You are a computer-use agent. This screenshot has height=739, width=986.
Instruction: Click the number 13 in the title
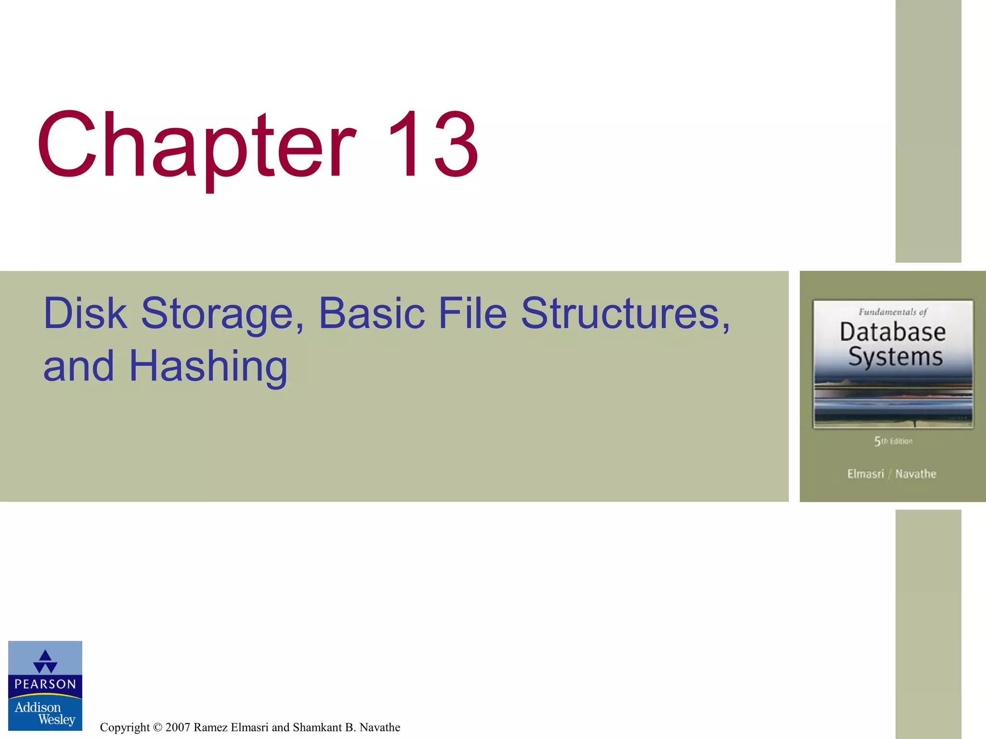tap(432, 144)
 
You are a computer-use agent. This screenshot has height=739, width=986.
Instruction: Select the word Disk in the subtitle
tap(85, 314)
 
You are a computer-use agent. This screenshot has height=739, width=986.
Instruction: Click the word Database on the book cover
tap(893, 332)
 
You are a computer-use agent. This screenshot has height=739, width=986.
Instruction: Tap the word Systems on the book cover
tap(895, 357)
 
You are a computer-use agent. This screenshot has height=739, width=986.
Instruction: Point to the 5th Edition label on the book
tap(893, 441)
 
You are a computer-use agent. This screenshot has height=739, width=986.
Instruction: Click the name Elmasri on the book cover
tap(866, 474)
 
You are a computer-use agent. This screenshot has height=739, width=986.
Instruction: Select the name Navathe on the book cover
tap(916, 474)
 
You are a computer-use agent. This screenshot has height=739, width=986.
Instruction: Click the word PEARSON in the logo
tap(45, 684)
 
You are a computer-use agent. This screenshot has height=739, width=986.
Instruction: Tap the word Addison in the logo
tap(38, 707)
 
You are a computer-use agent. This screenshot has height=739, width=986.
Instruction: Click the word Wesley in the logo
tap(57, 720)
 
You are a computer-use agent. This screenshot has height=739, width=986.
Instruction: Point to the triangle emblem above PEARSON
tap(45, 662)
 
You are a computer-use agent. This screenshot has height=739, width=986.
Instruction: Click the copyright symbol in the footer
tap(157, 727)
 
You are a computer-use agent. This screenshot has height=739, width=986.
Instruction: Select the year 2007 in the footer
tap(178, 727)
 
